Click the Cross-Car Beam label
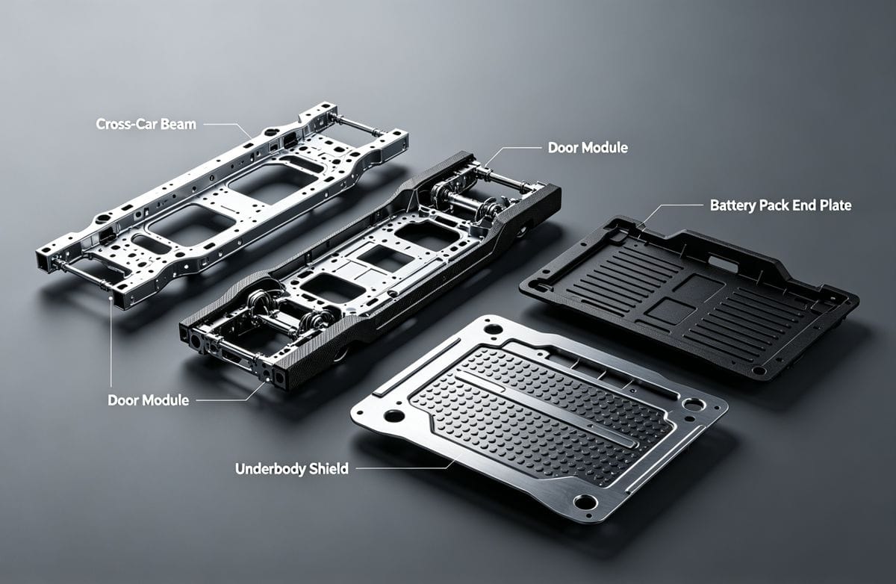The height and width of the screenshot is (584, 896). (146, 124)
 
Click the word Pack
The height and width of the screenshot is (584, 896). (775, 205)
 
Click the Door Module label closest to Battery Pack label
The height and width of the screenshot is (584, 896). (588, 147)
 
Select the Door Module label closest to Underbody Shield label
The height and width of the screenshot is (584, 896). (148, 400)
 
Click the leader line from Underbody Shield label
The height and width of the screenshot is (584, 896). (403, 469)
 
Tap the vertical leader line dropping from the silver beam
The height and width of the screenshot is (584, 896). (111, 336)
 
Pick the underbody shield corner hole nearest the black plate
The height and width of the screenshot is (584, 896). (694, 404)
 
